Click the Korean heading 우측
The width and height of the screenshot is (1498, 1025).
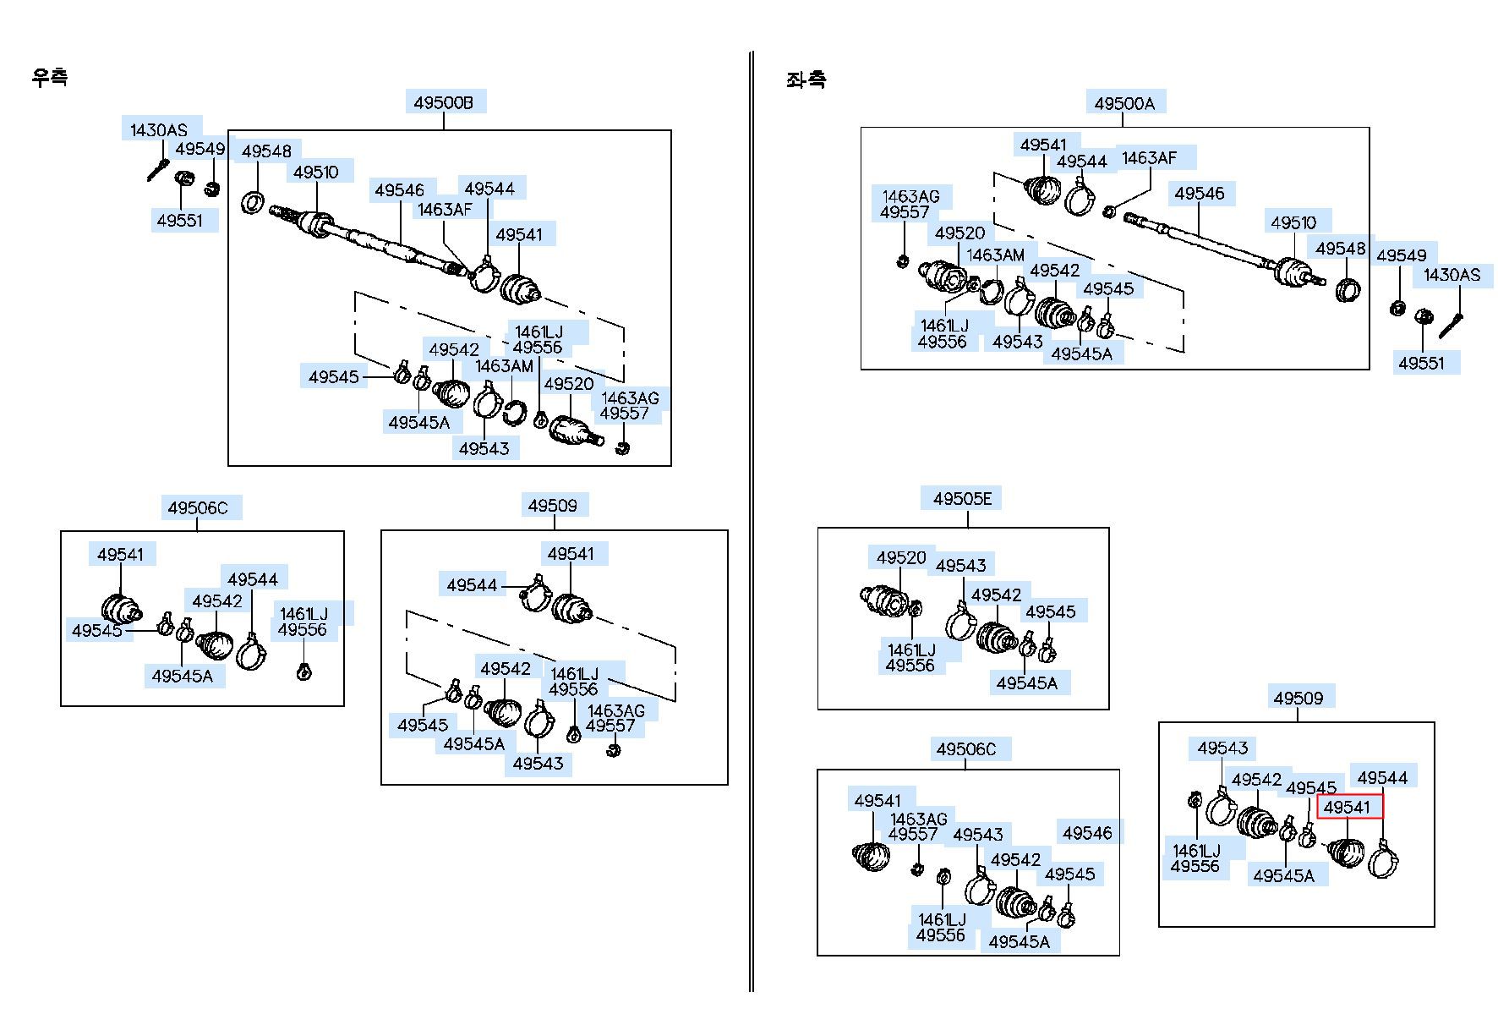tap(49, 77)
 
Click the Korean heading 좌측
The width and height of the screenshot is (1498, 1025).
tap(806, 79)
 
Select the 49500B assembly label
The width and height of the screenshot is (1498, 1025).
tap(443, 102)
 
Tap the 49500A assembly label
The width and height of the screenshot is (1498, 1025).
tap(1123, 103)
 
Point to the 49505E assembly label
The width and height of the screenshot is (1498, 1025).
tap(962, 499)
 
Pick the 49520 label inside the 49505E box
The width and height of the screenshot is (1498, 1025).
tap(901, 557)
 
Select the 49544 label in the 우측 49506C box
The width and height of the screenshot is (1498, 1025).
tap(253, 579)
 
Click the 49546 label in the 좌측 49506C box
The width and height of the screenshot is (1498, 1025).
tap(1087, 833)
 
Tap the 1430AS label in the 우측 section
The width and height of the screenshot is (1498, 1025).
tap(159, 129)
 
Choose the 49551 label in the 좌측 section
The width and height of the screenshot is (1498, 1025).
tap(1421, 363)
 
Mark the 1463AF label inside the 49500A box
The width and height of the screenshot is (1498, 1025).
tap(1149, 158)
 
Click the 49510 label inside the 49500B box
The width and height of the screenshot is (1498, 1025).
tap(315, 173)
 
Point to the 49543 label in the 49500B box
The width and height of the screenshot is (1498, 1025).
tap(484, 448)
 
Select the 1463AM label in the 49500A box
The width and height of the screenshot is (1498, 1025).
tap(995, 255)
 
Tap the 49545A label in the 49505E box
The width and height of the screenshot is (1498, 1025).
tap(1026, 682)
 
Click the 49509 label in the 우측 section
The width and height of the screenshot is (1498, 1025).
tap(552, 506)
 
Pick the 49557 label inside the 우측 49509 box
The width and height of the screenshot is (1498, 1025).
tap(610, 726)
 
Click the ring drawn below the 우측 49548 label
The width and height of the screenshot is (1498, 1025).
tap(253, 203)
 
